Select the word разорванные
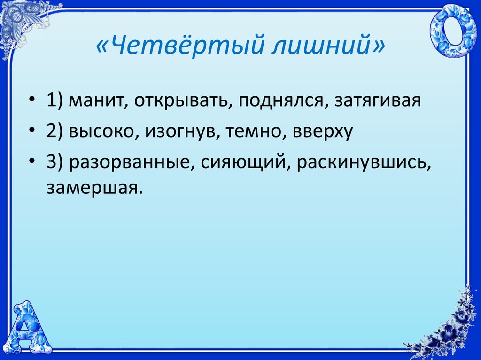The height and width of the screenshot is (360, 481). tap(132, 162)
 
